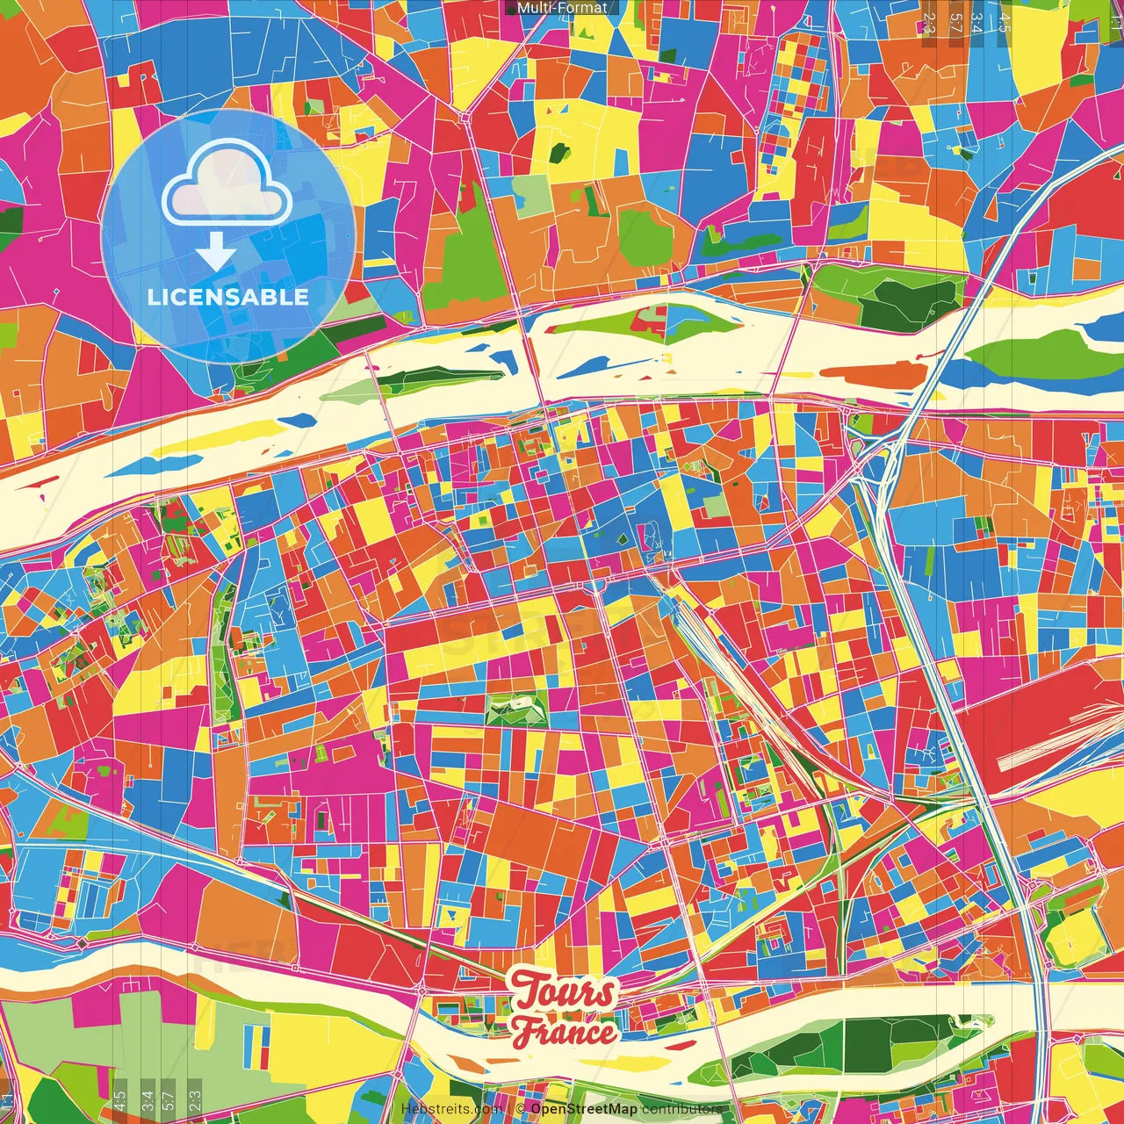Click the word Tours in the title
[x=564, y=992]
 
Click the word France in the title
[x=565, y=1031]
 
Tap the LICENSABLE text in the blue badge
[x=228, y=297]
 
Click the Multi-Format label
[x=562, y=8]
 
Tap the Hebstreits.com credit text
[x=450, y=1109]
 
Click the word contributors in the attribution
[x=682, y=1109]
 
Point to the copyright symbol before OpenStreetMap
[x=521, y=1109]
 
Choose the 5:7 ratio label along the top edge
[x=955, y=22]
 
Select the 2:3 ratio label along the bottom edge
[x=195, y=1099]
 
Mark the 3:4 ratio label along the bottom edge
[x=148, y=1099]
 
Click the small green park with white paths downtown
[x=516, y=709]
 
